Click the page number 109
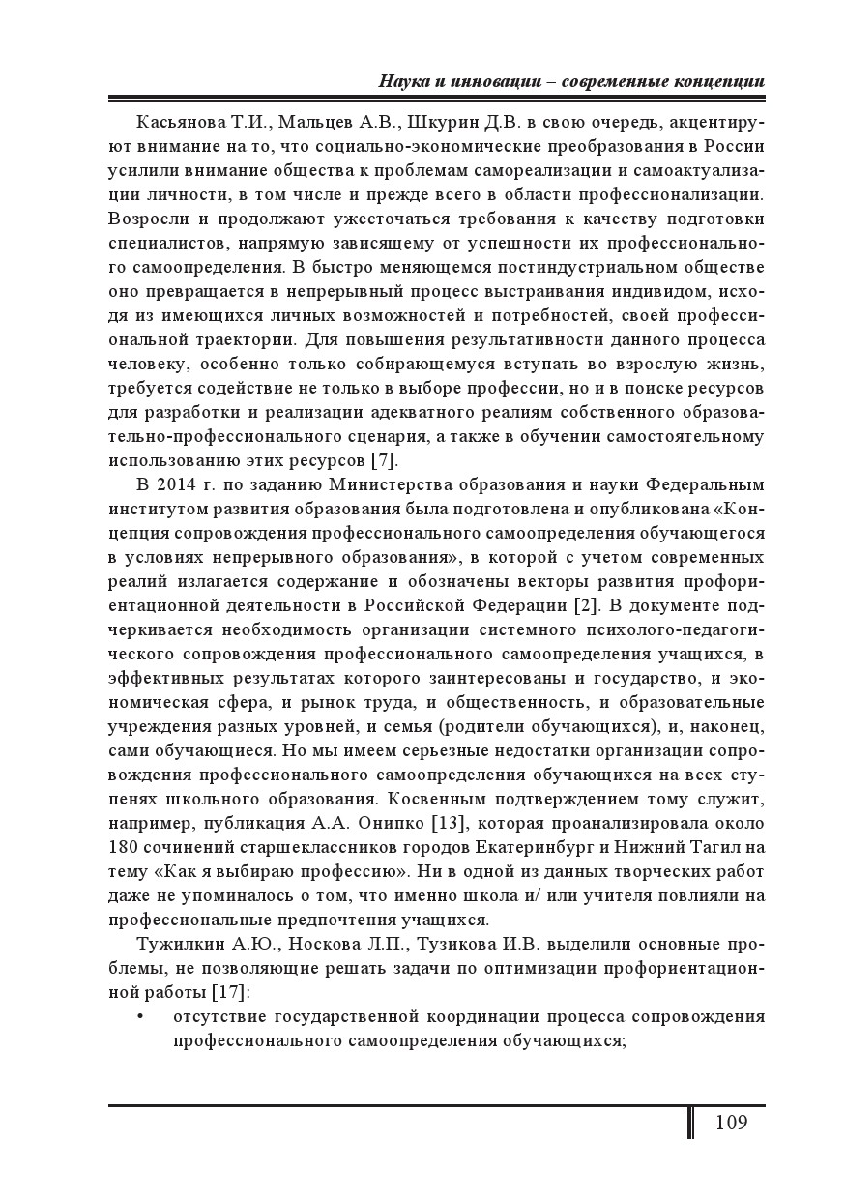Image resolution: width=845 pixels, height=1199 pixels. (x=731, y=1123)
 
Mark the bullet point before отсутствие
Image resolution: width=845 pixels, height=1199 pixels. (x=141, y=1017)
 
